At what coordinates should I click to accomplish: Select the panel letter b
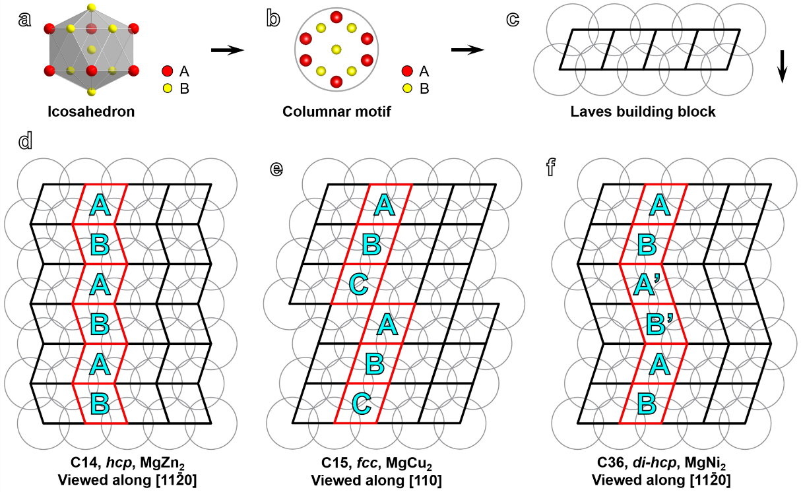point(272,19)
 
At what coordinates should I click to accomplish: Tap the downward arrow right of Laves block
point(782,67)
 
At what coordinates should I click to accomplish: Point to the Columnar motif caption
point(336,111)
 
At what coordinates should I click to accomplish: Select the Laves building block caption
point(643,111)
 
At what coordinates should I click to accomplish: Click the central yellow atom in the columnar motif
point(336,49)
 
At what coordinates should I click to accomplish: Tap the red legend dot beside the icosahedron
point(167,71)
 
